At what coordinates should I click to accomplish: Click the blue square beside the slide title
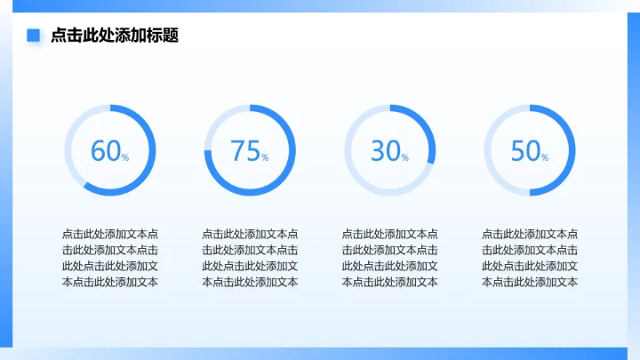pos(34,36)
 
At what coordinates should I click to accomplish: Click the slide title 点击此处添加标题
pos(115,36)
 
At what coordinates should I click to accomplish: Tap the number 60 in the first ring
pos(105,151)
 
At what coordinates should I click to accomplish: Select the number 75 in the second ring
pos(244,151)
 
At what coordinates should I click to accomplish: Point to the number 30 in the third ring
pos(385,151)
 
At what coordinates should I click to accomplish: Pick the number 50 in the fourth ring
pos(525,151)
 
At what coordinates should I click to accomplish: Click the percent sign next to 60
pos(125,157)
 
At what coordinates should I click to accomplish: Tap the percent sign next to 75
pos(265,157)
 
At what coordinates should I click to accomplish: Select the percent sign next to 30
pos(405,157)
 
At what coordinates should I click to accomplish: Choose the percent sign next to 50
pos(545,157)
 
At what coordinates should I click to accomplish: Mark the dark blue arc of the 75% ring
pos(250,193)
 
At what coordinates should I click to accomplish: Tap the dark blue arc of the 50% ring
pos(572,151)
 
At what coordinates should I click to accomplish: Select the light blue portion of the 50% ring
pos(488,151)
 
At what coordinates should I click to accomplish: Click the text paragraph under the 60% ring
pos(110,258)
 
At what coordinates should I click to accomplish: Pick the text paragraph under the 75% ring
pos(250,258)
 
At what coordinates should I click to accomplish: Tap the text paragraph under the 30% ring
pos(389,258)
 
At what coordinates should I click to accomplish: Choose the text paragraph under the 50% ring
pos(530,258)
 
